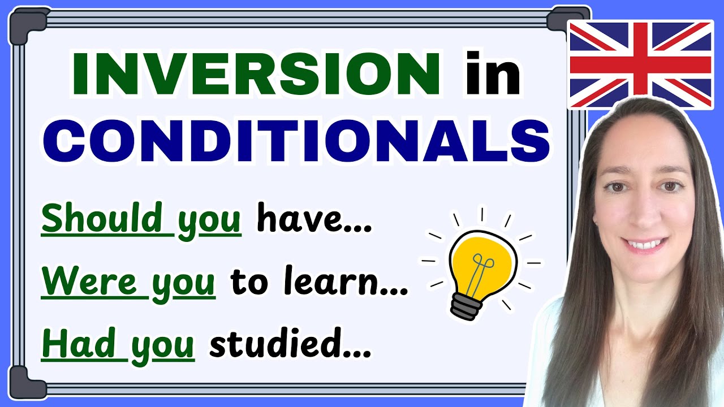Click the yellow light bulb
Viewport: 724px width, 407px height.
tap(482, 261)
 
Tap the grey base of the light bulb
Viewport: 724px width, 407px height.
tap(467, 306)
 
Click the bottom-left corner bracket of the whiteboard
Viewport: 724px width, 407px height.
tap(28, 380)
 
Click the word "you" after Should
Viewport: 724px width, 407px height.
tap(209, 220)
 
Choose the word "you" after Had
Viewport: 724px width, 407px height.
tap(163, 345)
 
